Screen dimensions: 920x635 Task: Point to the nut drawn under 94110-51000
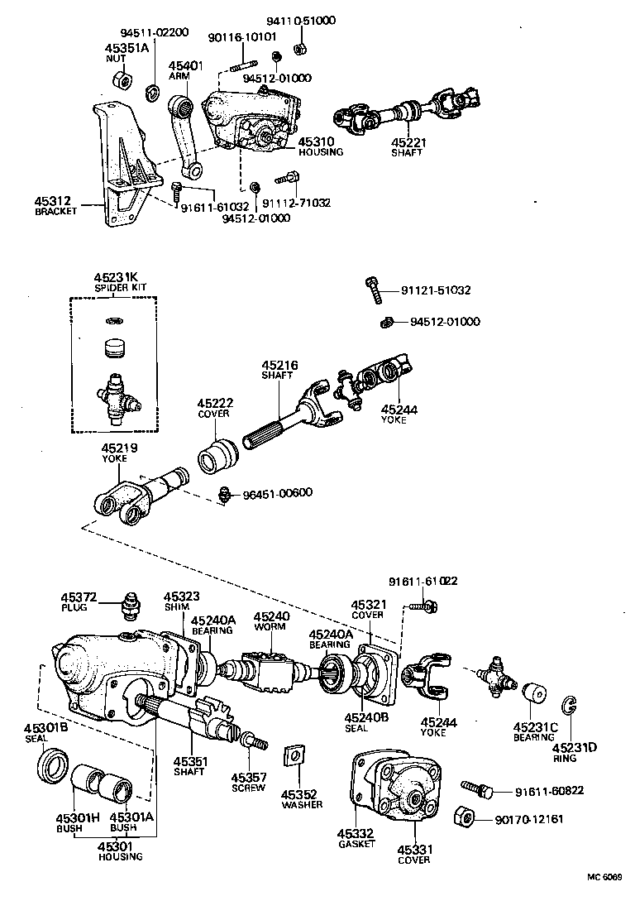301,45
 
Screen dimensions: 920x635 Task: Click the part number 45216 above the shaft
279,364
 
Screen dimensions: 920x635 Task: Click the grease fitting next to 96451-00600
222,495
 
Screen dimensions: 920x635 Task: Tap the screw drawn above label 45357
252,739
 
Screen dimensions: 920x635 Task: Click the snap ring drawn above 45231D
569,705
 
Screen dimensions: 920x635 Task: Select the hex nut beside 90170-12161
464,820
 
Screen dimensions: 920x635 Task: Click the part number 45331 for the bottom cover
413,849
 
